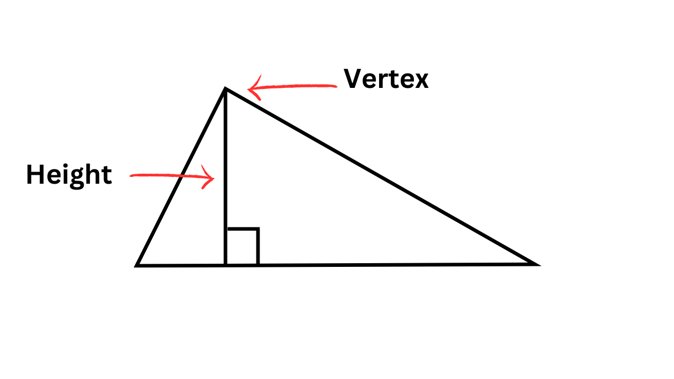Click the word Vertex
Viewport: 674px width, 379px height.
tap(386, 79)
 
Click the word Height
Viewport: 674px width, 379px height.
tap(69, 175)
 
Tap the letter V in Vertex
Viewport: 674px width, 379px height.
tap(353, 79)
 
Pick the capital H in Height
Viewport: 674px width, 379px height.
tap(34, 175)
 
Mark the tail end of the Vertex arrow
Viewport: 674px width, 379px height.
tap(335, 86)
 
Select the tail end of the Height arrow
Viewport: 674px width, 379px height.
tap(131, 176)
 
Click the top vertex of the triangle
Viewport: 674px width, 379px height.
tap(225, 89)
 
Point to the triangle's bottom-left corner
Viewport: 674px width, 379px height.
tap(137, 265)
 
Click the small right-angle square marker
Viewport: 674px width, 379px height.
tap(242, 246)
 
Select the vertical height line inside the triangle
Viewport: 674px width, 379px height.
tap(225, 158)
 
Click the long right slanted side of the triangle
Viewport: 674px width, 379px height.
tap(379, 176)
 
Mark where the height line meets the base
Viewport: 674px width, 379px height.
tap(225, 265)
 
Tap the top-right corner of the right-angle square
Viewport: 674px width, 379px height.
tap(258, 229)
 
